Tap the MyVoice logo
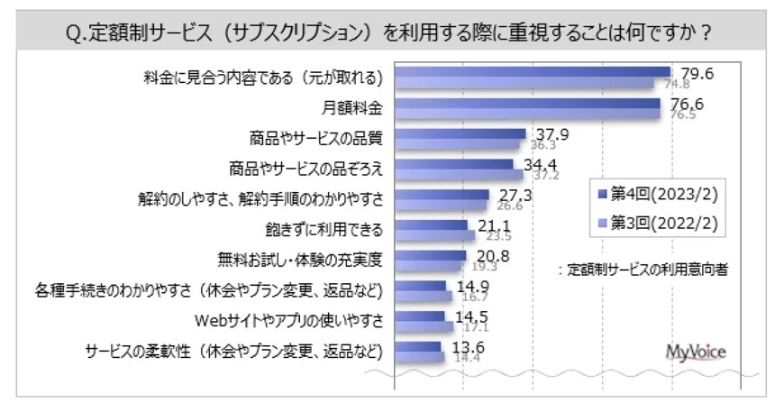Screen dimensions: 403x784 point(695,351)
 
